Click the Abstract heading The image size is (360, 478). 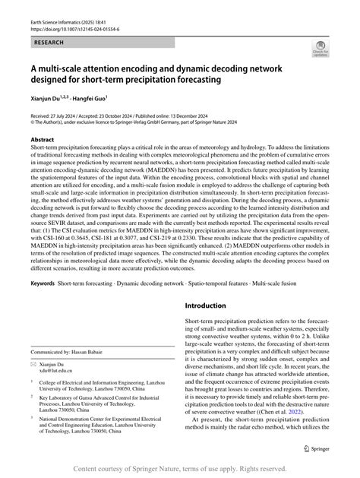43,141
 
